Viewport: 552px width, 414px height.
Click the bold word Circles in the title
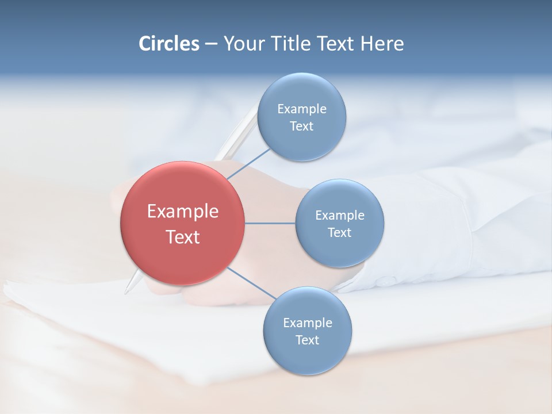click(169, 44)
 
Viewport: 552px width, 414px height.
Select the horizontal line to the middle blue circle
click(270, 223)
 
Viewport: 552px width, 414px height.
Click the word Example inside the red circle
click(183, 212)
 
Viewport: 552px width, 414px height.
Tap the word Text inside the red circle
click(183, 237)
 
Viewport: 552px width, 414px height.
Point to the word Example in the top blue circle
click(302, 109)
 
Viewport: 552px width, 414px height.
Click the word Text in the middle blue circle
click(339, 233)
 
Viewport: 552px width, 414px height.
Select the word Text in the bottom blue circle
click(307, 340)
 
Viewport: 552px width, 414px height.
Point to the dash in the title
click(211, 44)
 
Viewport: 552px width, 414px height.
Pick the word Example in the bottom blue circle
click(308, 323)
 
